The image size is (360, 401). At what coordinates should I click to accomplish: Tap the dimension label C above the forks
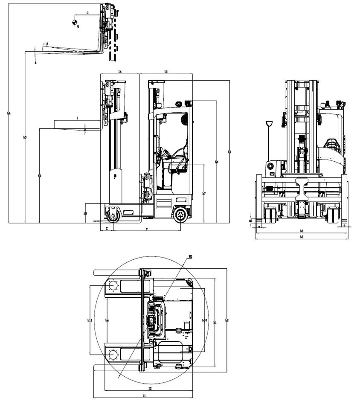(88, 14)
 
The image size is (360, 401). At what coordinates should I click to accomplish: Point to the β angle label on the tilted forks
(46, 44)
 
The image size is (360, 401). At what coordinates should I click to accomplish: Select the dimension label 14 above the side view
(120, 72)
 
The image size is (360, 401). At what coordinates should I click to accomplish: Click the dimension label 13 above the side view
(165, 72)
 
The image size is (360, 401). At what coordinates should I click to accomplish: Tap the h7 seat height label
(204, 194)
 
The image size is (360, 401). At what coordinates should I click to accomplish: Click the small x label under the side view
(107, 229)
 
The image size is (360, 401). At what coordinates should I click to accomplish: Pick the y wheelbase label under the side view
(147, 229)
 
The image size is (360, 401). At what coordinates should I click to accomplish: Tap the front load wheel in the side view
(113, 215)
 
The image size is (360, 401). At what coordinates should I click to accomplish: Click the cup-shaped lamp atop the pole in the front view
(269, 124)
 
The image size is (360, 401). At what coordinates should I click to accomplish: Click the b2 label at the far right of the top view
(226, 320)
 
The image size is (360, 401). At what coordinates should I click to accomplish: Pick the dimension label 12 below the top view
(150, 389)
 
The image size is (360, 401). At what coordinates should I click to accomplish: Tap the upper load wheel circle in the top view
(113, 285)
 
